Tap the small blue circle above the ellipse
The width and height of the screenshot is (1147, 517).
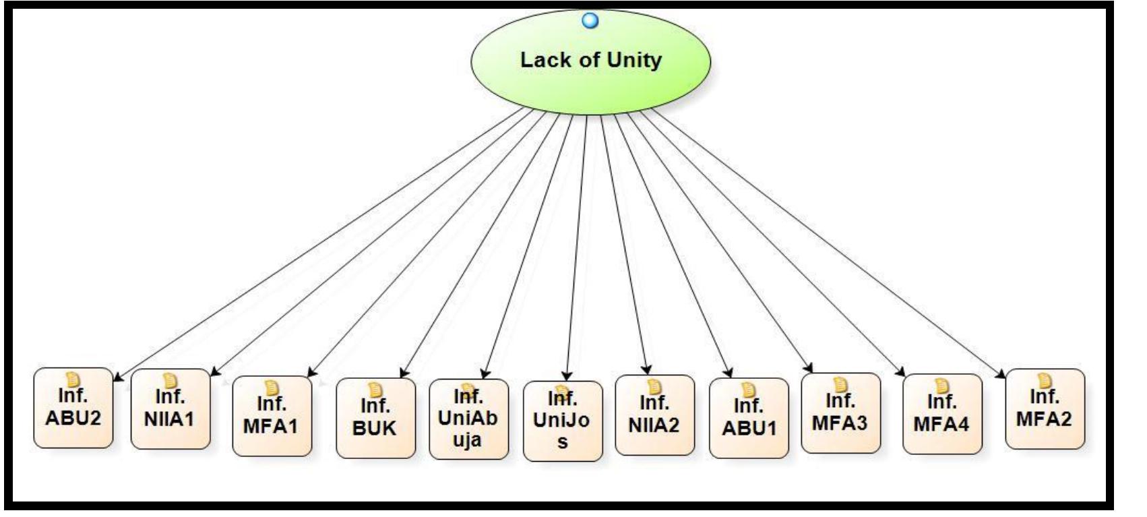click(590, 21)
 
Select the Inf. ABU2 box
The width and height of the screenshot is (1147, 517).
click(73, 408)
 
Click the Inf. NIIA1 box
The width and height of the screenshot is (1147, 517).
click(170, 408)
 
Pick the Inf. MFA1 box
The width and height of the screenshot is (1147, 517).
click(272, 416)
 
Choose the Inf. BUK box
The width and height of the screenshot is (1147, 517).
click(375, 418)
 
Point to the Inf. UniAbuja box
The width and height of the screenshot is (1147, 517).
click(468, 419)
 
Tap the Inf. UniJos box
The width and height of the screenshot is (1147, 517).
click(562, 421)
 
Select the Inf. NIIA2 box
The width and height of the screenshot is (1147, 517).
click(654, 415)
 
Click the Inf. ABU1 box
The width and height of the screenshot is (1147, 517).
click(749, 418)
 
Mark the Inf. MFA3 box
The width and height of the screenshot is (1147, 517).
click(840, 413)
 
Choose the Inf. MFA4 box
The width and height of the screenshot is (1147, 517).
click(941, 414)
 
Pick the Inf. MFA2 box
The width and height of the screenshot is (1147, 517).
click(1044, 408)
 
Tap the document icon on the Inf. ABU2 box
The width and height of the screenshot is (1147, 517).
click(73, 379)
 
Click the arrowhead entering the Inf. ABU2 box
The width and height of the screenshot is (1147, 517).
click(117, 378)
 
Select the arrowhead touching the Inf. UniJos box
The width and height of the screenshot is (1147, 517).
click(567, 376)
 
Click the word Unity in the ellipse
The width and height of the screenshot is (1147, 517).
click(633, 61)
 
